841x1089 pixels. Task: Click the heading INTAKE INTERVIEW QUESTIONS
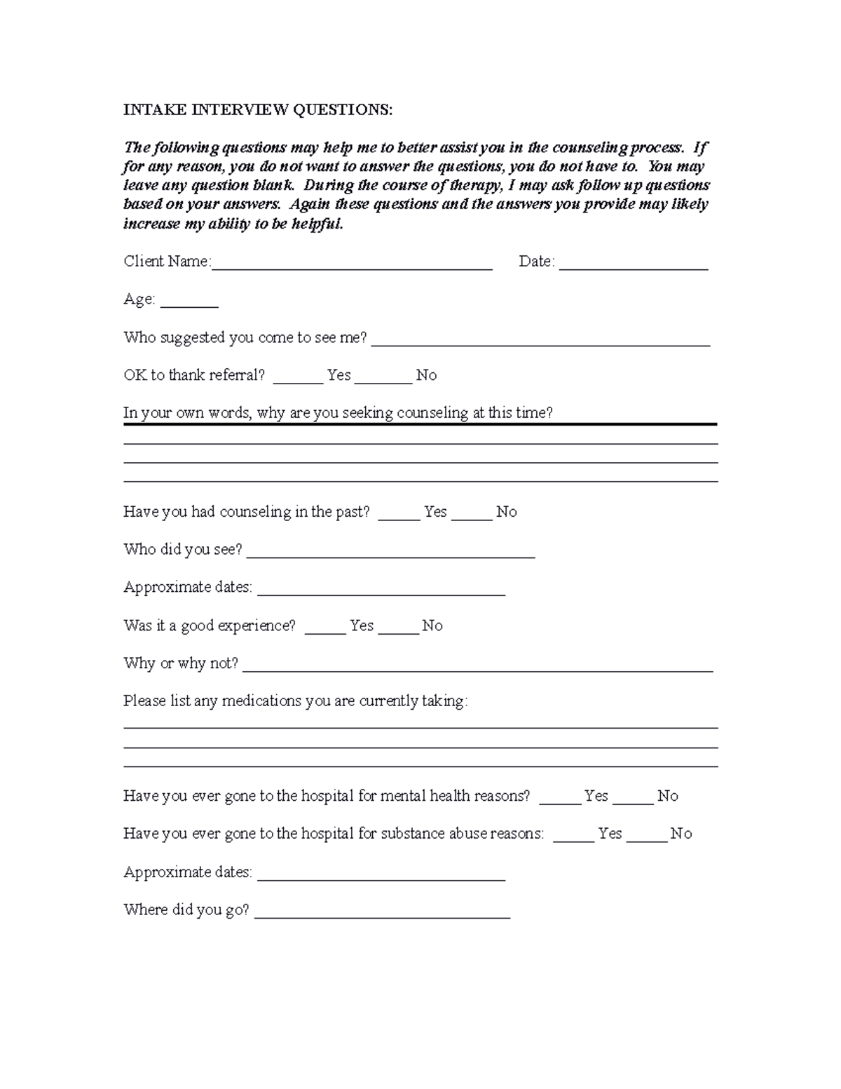click(x=258, y=110)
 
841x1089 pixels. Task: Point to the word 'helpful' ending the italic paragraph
click(x=317, y=224)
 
